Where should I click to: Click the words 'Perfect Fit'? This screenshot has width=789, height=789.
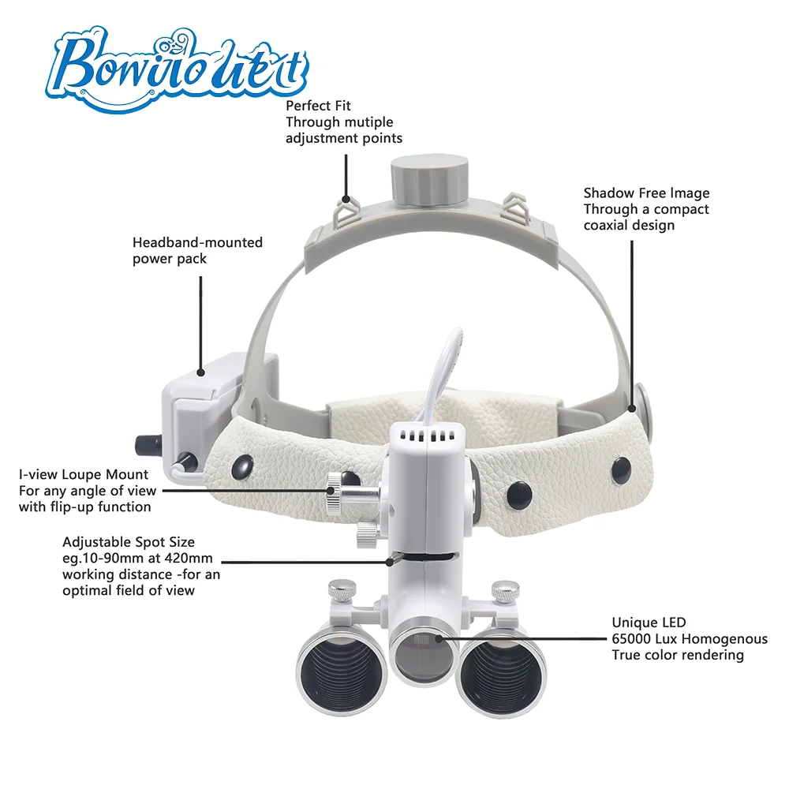pyautogui.click(x=318, y=105)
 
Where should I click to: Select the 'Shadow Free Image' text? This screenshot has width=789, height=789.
pyautogui.click(x=646, y=193)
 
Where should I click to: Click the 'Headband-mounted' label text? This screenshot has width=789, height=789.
pyautogui.click(x=197, y=242)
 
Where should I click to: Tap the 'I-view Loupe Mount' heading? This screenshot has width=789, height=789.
pyautogui.click(x=84, y=474)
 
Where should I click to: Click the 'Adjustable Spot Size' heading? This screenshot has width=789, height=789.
pyautogui.click(x=129, y=542)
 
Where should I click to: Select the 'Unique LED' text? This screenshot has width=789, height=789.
pyautogui.click(x=643, y=623)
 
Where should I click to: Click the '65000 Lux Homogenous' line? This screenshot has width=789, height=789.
pyautogui.click(x=678, y=639)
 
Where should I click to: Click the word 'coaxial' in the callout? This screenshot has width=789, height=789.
pyautogui.click(x=608, y=226)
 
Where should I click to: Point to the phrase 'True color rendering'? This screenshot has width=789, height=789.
pyautogui.click(x=678, y=655)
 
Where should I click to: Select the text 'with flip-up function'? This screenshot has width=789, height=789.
pyautogui.click(x=84, y=507)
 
